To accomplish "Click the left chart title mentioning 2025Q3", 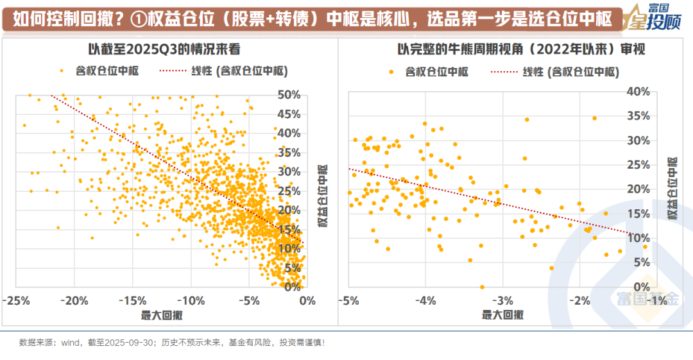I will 164,49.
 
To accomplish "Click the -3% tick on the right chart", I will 502,300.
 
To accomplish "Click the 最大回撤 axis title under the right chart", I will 502,314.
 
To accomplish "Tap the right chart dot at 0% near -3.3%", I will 482,287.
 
